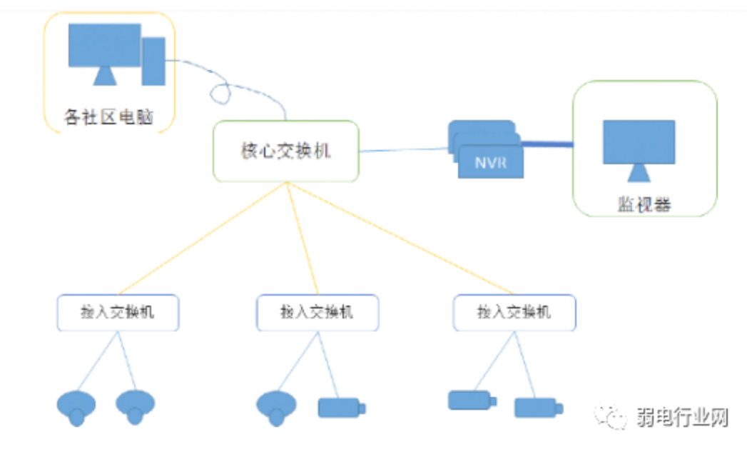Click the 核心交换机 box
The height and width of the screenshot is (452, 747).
coord(286,151)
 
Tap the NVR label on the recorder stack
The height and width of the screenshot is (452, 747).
coord(491,163)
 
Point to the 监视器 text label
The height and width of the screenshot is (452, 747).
coord(644,205)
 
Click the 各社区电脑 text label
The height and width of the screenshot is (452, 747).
coord(108,116)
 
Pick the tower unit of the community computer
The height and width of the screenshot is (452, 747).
coord(153,61)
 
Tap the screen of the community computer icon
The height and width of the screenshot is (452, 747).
coord(104,46)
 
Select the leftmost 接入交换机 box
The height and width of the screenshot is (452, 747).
coord(118,312)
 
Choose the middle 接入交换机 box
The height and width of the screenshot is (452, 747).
coord(317,312)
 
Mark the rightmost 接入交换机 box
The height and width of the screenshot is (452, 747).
coord(514,312)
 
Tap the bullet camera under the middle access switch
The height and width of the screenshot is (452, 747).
coord(340,408)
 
